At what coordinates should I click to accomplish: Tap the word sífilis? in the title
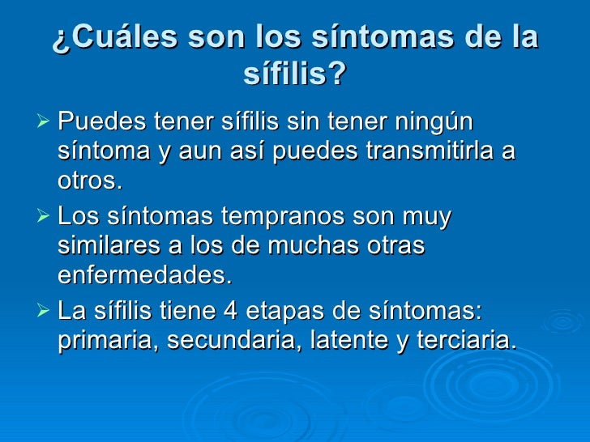click(x=294, y=75)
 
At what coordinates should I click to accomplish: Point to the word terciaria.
click(x=465, y=341)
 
